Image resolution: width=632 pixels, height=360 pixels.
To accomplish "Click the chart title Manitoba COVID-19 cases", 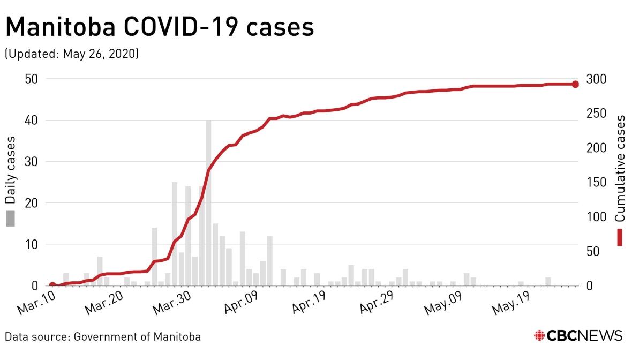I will tap(159, 27).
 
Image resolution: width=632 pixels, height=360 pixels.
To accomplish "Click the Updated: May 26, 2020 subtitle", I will tap(72, 54).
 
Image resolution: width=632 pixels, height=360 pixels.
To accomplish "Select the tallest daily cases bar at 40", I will tap(208, 202).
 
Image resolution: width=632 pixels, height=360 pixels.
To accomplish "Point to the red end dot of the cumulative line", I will tap(575, 84).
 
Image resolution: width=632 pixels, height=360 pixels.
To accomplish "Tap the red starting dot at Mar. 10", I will tap(52, 286).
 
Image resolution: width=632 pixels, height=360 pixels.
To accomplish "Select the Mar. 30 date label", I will tap(169, 306).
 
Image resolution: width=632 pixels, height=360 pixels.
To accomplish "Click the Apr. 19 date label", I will tap(304, 306).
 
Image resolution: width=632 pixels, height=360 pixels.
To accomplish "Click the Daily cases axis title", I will tap(10, 170).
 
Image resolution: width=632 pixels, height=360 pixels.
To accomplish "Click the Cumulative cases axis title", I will tap(620, 168).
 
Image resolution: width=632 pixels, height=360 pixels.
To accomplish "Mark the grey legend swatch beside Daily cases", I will tap(10, 218).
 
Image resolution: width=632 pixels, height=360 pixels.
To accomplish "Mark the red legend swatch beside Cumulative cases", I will tap(620, 237).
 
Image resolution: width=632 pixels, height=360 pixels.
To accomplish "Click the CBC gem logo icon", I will tap(539, 336).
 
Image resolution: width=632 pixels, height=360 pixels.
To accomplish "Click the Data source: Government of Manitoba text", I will tap(103, 337).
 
